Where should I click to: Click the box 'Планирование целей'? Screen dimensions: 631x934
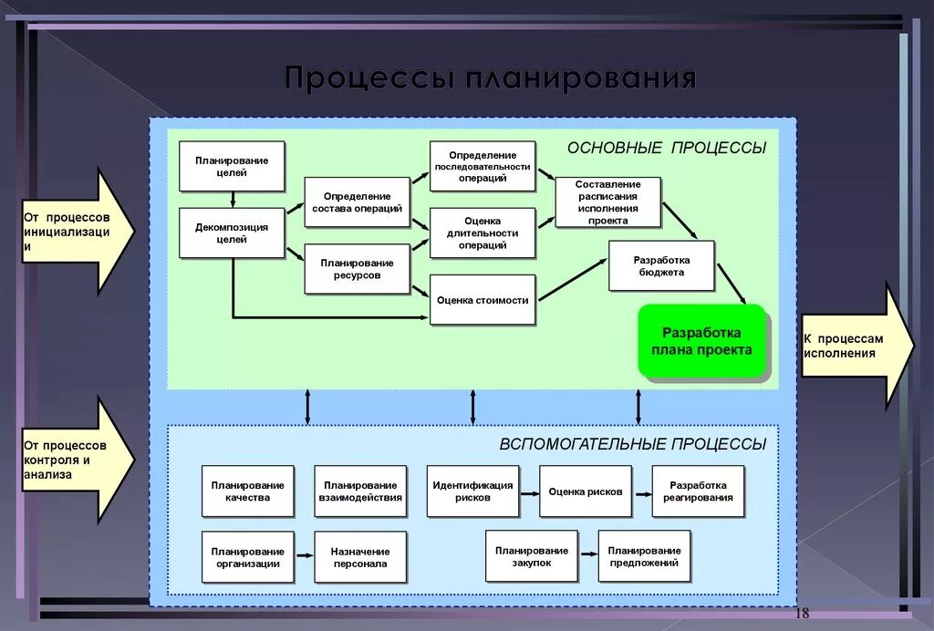pyautogui.click(x=232, y=166)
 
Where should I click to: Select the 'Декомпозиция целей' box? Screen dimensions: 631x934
pyautogui.click(x=232, y=233)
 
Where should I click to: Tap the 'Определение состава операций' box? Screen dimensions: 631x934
pyautogui.click(x=357, y=202)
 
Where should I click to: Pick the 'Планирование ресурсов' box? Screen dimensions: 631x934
pyautogui.click(x=357, y=269)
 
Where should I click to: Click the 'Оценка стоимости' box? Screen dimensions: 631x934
pyautogui.click(x=483, y=300)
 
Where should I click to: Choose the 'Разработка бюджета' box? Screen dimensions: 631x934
pyautogui.click(x=661, y=266)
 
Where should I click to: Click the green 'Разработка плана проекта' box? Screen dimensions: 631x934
pyautogui.click(x=702, y=343)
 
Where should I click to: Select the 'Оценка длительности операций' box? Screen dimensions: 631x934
pyautogui.click(x=483, y=233)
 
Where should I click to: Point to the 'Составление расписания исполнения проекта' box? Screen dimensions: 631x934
pyautogui.click(x=607, y=202)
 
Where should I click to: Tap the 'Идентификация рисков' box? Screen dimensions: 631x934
pyautogui.click(x=472, y=491)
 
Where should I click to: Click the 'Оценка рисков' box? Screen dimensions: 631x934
pyautogui.click(x=586, y=491)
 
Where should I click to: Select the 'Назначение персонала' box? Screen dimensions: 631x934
pyautogui.click(x=360, y=557)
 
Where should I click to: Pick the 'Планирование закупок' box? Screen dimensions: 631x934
pyautogui.click(x=532, y=556)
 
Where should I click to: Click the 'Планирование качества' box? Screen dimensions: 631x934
pyautogui.click(x=248, y=491)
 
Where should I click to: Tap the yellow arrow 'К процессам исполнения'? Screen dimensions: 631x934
pyautogui.click(x=854, y=346)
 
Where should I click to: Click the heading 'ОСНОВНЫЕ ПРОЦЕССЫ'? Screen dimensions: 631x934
pyautogui.click(x=667, y=148)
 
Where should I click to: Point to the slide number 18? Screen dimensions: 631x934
pyautogui.click(x=803, y=612)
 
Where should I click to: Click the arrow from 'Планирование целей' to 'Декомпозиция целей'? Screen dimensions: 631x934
pyautogui.click(x=233, y=200)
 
